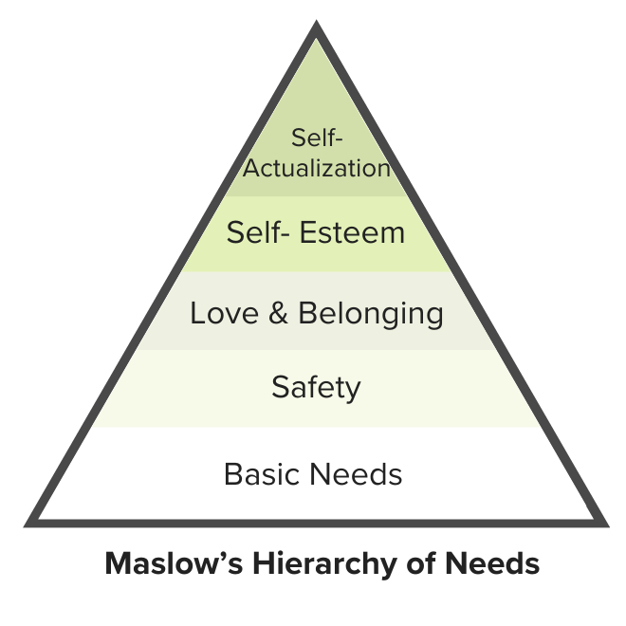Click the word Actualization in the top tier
point(316,169)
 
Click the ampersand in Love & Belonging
point(278,313)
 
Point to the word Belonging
point(370,314)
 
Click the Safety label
point(316,387)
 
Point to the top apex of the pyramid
point(316,28)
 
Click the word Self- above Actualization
point(316,138)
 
